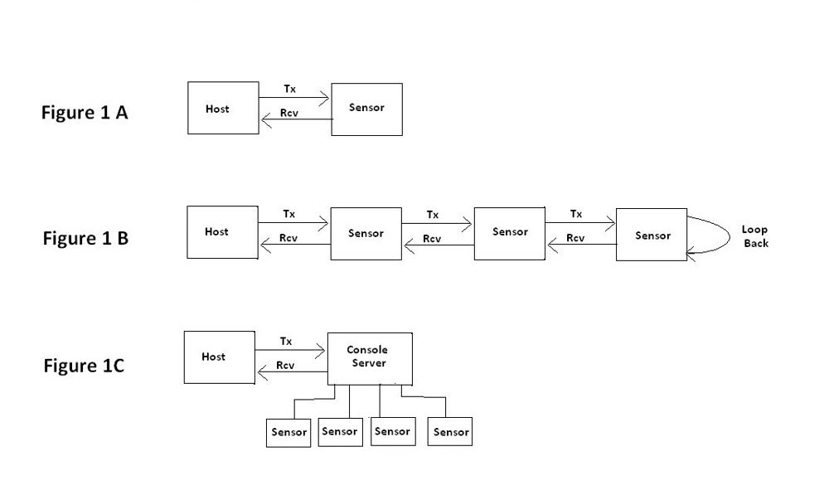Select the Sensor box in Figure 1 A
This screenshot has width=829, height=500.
pos(366,109)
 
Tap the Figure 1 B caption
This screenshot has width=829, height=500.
pos(85,239)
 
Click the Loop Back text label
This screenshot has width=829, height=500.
pos(755,236)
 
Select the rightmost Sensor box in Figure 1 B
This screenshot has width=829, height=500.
pos(652,235)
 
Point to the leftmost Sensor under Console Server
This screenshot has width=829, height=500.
pos(288,432)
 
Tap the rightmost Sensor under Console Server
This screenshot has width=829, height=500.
pos(450,432)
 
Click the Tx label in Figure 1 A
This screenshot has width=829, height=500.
pos(289,89)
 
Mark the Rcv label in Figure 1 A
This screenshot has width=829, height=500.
pos(289,113)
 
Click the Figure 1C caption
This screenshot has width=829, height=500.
pos(84,366)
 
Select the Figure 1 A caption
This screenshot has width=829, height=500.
pos(85,113)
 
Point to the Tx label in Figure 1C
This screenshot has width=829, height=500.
pos(286,341)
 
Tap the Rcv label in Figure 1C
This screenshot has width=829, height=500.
pos(286,365)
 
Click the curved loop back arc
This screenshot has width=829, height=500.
pos(723,236)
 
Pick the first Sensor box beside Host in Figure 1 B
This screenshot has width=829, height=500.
pos(366,234)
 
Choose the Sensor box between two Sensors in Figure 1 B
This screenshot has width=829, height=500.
pos(509,232)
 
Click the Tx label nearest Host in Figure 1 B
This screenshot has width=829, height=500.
pos(289,214)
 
